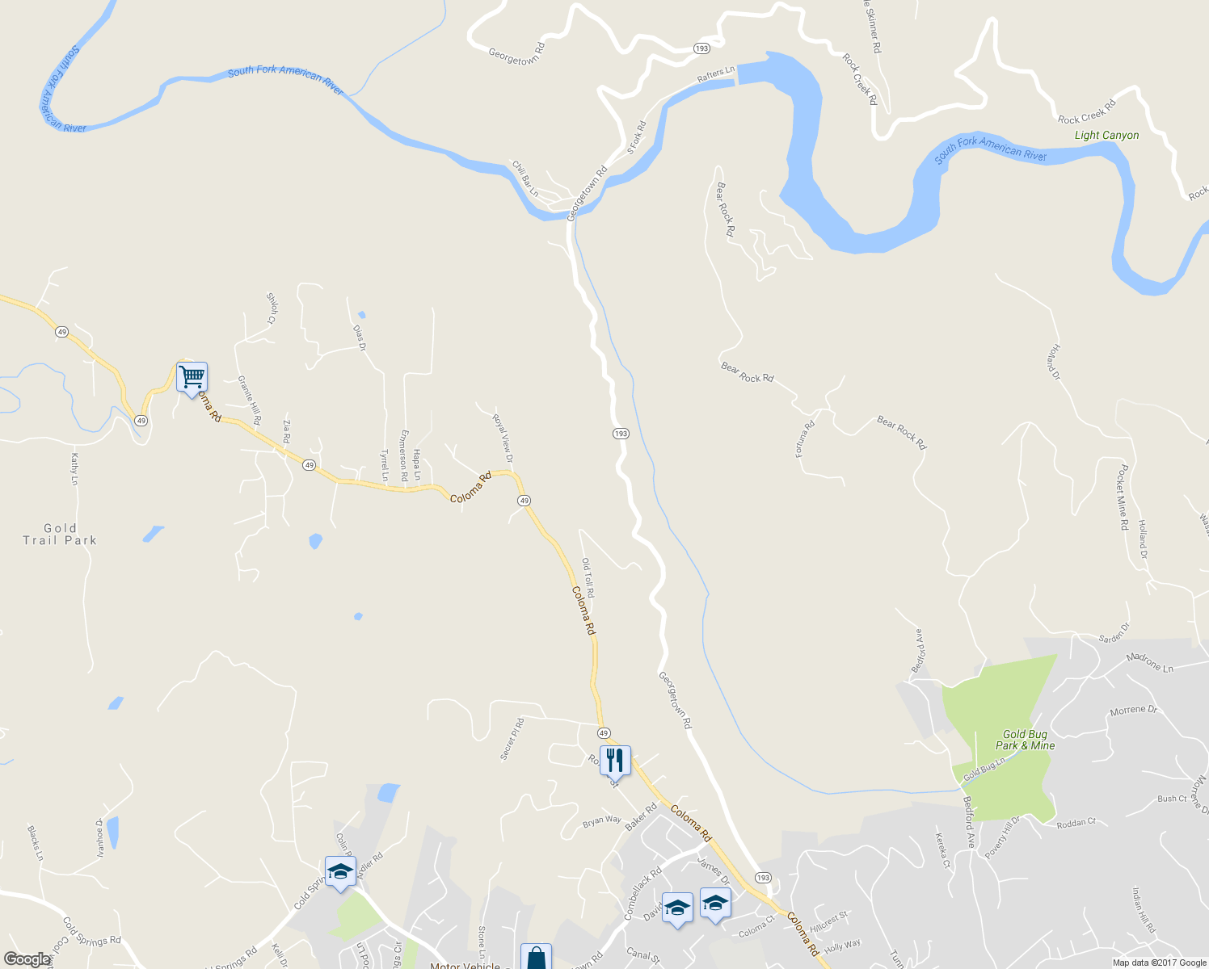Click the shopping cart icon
pos(192,376)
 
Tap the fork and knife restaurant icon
pos(615,760)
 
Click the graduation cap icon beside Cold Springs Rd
pos(340,870)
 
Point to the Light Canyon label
pos(1106,136)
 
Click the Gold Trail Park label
pos(60,534)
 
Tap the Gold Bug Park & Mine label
pos(1025,740)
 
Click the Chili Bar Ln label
pos(525,178)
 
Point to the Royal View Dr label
pos(503,438)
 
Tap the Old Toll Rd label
pos(588,577)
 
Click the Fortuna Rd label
pos(805,439)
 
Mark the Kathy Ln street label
pos(74,469)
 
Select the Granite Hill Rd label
pos(249,401)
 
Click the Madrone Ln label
pos(1150,662)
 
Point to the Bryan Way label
pos(602,821)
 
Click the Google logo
pos(27,959)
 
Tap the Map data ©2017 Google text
pos(1159,963)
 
